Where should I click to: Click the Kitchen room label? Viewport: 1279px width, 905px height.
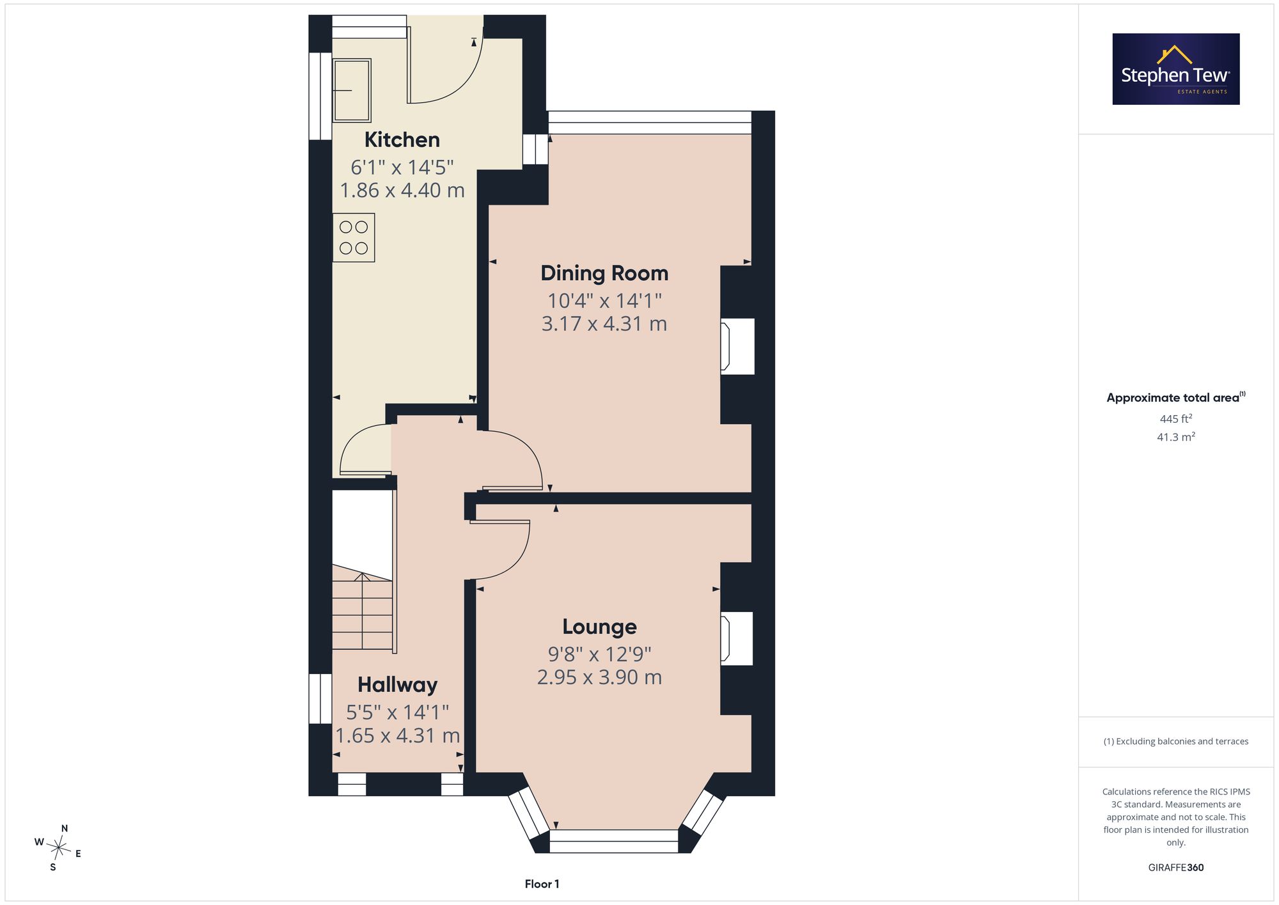(x=402, y=139)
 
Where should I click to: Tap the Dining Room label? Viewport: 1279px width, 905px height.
(x=604, y=273)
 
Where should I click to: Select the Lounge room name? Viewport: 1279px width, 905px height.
(x=599, y=627)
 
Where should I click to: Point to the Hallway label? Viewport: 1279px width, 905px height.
(x=397, y=685)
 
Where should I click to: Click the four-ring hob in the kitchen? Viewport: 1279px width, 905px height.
(x=354, y=238)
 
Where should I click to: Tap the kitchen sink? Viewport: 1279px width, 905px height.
(x=352, y=90)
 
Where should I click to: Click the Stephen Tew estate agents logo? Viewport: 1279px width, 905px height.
(x=1176, y=69)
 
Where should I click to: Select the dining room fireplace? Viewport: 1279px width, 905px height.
(x=737, y=346)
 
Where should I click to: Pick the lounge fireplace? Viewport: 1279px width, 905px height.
(x=736, y=638)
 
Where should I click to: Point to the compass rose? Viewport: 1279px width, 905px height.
(x=59, y=849)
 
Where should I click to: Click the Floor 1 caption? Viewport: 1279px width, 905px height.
(x=542, y=884)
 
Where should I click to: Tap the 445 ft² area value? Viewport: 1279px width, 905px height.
(x=1176, y=419)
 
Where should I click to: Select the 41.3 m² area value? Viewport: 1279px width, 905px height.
(x=1176, y=437)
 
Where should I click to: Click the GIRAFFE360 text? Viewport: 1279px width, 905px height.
(x=1176, y=868)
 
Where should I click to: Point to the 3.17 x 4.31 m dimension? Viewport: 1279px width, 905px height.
(x=604, y=324)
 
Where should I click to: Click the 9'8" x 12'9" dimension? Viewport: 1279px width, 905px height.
(x=599, y=654)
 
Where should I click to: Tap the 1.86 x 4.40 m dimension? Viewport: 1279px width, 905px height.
(x=402, y=191)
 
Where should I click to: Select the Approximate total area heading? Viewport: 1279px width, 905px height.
(x=1176, y=397)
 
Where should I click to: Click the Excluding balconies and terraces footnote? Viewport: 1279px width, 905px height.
(x=1176, y=741)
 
